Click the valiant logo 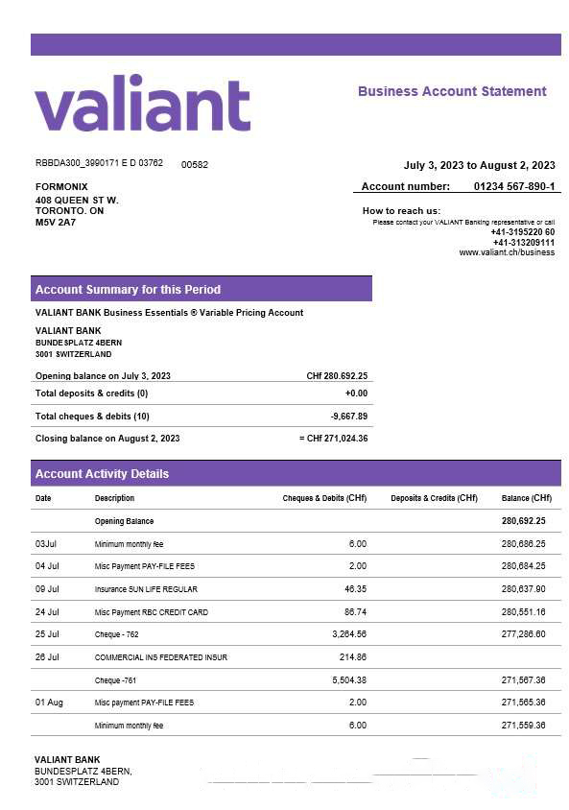pos(142,104)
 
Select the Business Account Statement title pos(451,91)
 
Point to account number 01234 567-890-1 pos(513,186)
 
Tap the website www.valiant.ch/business pos(506,252)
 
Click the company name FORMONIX pos(61,186)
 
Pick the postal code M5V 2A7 pos(56,223)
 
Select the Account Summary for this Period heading pos(128,289)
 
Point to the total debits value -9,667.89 pos(347,417)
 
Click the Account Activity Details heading pos(102,473)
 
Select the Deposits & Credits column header pos(434,498)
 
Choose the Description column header pos(114,498)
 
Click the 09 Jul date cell pos(47,589)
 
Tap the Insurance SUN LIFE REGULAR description pos(146,589)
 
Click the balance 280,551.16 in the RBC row pos(522,612)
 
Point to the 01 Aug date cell pos(49,703)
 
